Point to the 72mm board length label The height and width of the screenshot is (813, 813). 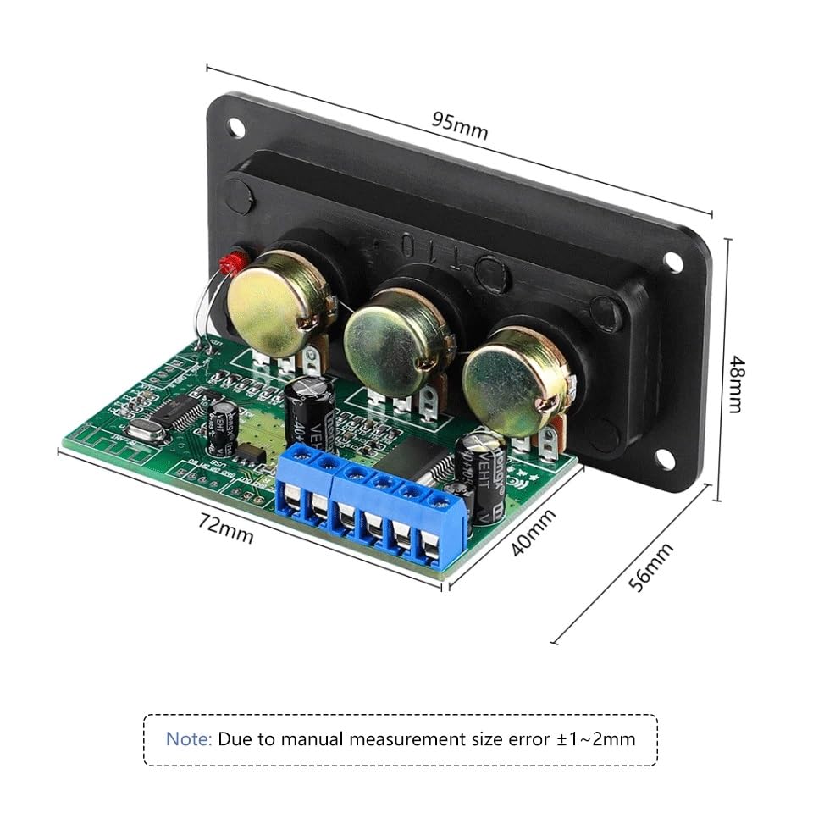click(226, 530)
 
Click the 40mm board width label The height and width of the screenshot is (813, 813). click(534, 533)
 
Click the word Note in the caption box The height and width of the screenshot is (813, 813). click(189, 738)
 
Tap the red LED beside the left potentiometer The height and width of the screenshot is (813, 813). click(226, 265)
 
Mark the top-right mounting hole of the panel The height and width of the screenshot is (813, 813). click(672, 262)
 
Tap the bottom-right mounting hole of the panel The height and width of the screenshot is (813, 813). click(661, 459)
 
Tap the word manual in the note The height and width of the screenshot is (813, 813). click(318, 738)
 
